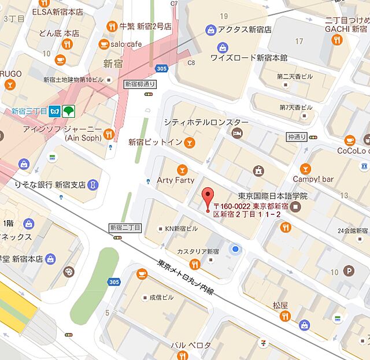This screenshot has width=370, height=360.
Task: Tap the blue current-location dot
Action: pos(235,249)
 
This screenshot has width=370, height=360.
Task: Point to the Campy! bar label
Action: pos(313,179)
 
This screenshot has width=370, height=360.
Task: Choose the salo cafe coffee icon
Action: pos(104,44)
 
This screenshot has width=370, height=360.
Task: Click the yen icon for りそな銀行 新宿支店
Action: pos(93,185)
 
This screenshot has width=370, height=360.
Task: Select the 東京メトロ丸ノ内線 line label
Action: pos(185,278)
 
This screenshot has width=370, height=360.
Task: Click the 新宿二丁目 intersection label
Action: pos(125,228)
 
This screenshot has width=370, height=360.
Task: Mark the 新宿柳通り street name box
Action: pos(140,84)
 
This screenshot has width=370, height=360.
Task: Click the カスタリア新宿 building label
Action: pos(198,252)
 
